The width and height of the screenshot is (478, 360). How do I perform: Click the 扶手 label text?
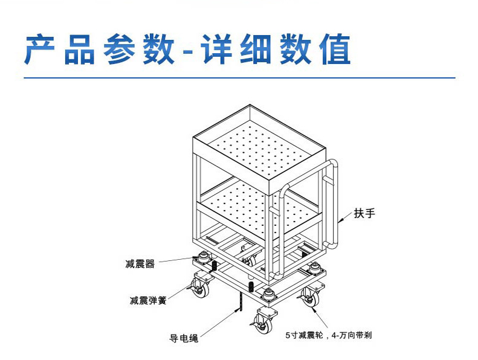364,213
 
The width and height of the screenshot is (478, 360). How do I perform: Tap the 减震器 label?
140,264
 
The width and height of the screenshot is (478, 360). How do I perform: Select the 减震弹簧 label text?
148,301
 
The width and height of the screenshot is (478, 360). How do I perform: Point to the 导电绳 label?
184,338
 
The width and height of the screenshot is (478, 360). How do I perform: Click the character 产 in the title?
40,50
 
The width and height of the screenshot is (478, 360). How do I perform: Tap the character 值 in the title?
336,50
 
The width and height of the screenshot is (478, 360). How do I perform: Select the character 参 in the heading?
120,50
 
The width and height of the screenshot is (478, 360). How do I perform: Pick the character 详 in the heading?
216,50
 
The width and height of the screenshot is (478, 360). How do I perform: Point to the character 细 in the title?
256,50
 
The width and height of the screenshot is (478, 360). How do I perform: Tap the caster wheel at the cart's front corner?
262,323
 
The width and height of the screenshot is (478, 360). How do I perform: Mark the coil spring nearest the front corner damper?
251,287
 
